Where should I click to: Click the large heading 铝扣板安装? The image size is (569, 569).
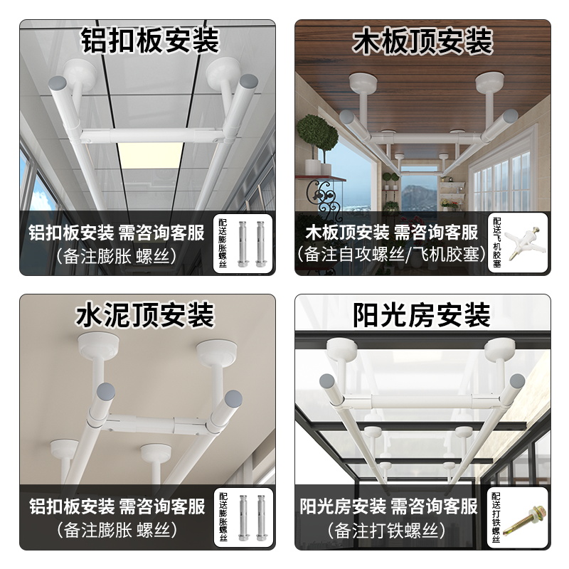tap(149, 41)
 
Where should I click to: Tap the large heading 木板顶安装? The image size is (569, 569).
tap(423, 41)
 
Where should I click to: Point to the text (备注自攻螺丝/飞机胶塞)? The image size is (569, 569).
tap(391, 254)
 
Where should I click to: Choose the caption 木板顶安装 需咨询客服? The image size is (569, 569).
tap(391, 232)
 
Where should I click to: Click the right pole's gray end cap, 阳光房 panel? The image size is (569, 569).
tap(517, 381)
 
